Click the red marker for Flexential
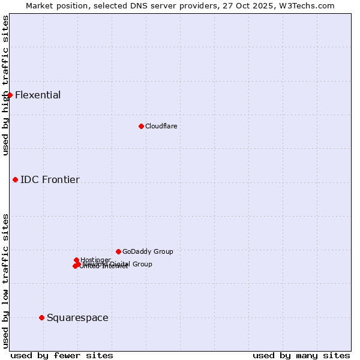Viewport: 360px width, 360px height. tap(10, 95)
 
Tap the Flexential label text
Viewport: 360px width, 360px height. tap(38, 95)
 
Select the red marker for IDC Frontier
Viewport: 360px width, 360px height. tap(16, 179)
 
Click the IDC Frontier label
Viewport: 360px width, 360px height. tap(50, 179)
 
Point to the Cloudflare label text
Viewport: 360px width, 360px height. tap(161, 126)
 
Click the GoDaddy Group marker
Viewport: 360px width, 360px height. tap(119, 251)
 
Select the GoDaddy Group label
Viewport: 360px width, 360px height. tap(148, 251)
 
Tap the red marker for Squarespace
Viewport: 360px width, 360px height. tap(41, 317)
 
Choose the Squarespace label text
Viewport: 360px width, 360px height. tap(77, 317)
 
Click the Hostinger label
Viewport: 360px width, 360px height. tap(95, 260)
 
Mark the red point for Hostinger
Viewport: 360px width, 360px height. tap(77, 260)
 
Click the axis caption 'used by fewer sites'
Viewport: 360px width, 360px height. tap(62, 355)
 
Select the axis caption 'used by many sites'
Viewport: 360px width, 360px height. tap(301, 355)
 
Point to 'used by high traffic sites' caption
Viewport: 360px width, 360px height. tap(5, 85)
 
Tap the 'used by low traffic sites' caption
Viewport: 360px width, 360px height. tap(5, 281)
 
